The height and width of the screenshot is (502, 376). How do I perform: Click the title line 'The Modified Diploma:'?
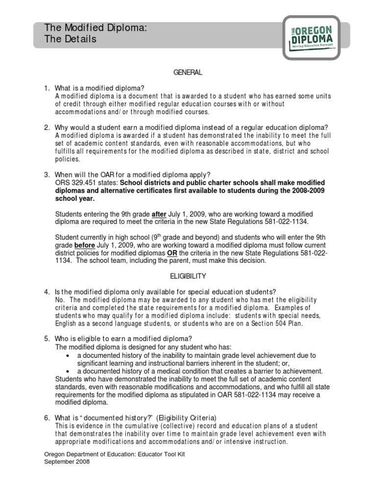pyautogui.click(x=95, y=29)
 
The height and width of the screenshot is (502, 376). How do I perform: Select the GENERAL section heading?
pyautogui.click(x=188, y=73)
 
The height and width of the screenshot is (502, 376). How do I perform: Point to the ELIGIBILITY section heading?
pyautogui.click(x=188, y=276)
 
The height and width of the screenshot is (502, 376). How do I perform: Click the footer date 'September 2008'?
pyautogui.click(x=67, y=462)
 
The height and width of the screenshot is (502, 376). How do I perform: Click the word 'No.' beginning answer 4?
pyautogui.click(x=60, y=300)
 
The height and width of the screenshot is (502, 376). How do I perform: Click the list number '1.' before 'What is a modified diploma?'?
pyautogui.click(x=47, y=88)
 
